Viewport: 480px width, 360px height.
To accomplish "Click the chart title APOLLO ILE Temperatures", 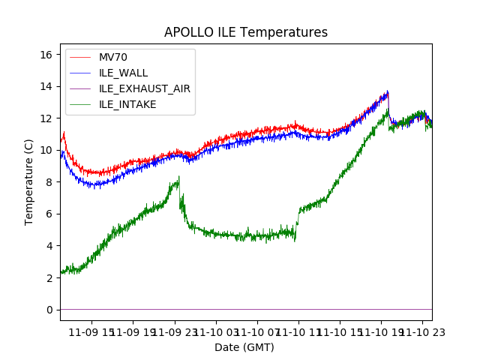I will tap(246, 32).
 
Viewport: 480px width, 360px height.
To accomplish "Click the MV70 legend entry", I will tap(114, 57).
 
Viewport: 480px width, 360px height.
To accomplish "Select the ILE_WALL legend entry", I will tap(123, 73).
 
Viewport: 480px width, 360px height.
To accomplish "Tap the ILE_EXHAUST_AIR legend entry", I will tap(144, 88).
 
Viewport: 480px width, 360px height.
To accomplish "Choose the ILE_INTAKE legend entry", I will tap(127, 104).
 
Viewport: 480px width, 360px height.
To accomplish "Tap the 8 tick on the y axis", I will tap(52, 182).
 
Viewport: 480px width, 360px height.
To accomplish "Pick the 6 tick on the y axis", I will tap(52, 214).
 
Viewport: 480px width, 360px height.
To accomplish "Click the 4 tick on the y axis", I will tap(52, 246).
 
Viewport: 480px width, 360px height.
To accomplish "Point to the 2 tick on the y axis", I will tap(52, 277).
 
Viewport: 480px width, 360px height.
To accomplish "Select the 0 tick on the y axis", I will tap(52, 310).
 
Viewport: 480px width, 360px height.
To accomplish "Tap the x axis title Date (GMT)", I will tap(244, 347).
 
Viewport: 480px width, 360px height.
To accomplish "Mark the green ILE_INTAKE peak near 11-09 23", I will tap(178, 177).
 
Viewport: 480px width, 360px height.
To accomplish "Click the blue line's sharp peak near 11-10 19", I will tap(388, 91).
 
